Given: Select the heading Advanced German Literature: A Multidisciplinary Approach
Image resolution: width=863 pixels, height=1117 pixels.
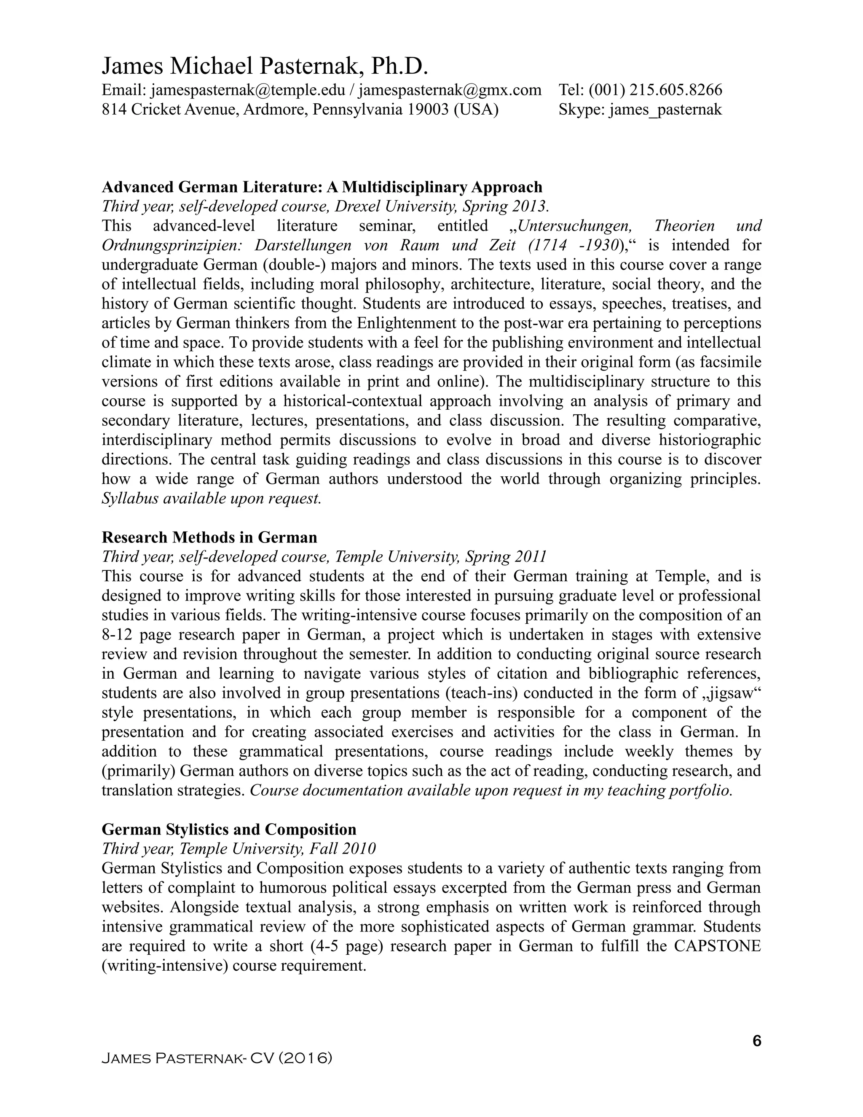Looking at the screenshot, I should tap(322, 187).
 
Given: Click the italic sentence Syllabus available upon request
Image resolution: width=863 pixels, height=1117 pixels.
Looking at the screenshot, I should tap(211, 499).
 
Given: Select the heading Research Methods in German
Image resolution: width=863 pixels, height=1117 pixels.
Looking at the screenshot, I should tap(209, 537).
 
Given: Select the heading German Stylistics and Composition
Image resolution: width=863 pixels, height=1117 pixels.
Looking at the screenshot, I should tap(229, 830).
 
